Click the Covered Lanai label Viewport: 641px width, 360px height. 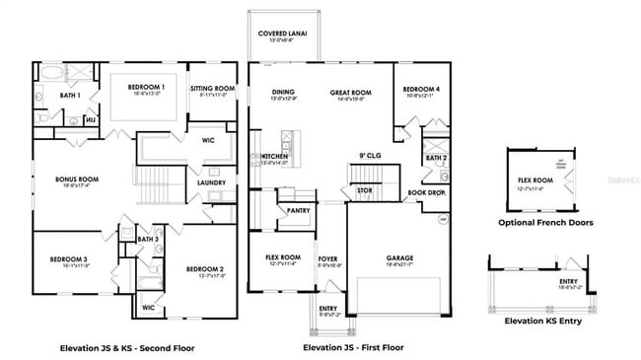[x=283, y=34]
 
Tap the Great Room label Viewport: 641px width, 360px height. [x=348, y=93]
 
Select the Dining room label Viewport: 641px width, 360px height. [x=283, y=93]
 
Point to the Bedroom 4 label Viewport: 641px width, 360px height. [x=421, y=91]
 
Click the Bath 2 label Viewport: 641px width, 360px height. [x=435, y=157]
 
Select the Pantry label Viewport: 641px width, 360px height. [x=299, y=210]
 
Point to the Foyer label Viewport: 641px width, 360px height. [x=328, y=259]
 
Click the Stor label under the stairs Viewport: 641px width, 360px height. [x=364, y=190]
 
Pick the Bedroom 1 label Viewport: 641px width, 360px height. [x=146, y=88]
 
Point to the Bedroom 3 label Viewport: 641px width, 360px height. [x=69, y=259]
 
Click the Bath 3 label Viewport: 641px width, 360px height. [x=147, y=240]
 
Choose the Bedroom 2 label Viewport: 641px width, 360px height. [x=205, y=269]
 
